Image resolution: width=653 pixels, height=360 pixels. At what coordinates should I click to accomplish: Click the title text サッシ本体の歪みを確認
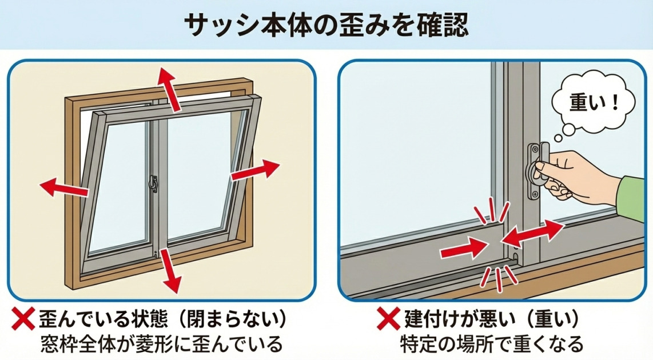(x=326, y=24)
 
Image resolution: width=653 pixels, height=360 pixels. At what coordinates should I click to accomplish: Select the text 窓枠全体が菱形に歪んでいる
(x=162, y=345)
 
